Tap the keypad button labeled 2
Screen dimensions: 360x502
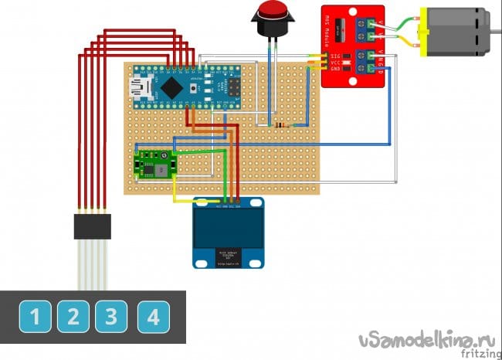coord(73,316)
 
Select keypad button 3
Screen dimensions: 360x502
coord(111,316)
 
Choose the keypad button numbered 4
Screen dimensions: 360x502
coord(153,316)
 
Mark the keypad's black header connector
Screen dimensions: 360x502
coord(92,226)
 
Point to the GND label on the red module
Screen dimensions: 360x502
coord(336,70)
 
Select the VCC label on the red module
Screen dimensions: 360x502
coord(336,63)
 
